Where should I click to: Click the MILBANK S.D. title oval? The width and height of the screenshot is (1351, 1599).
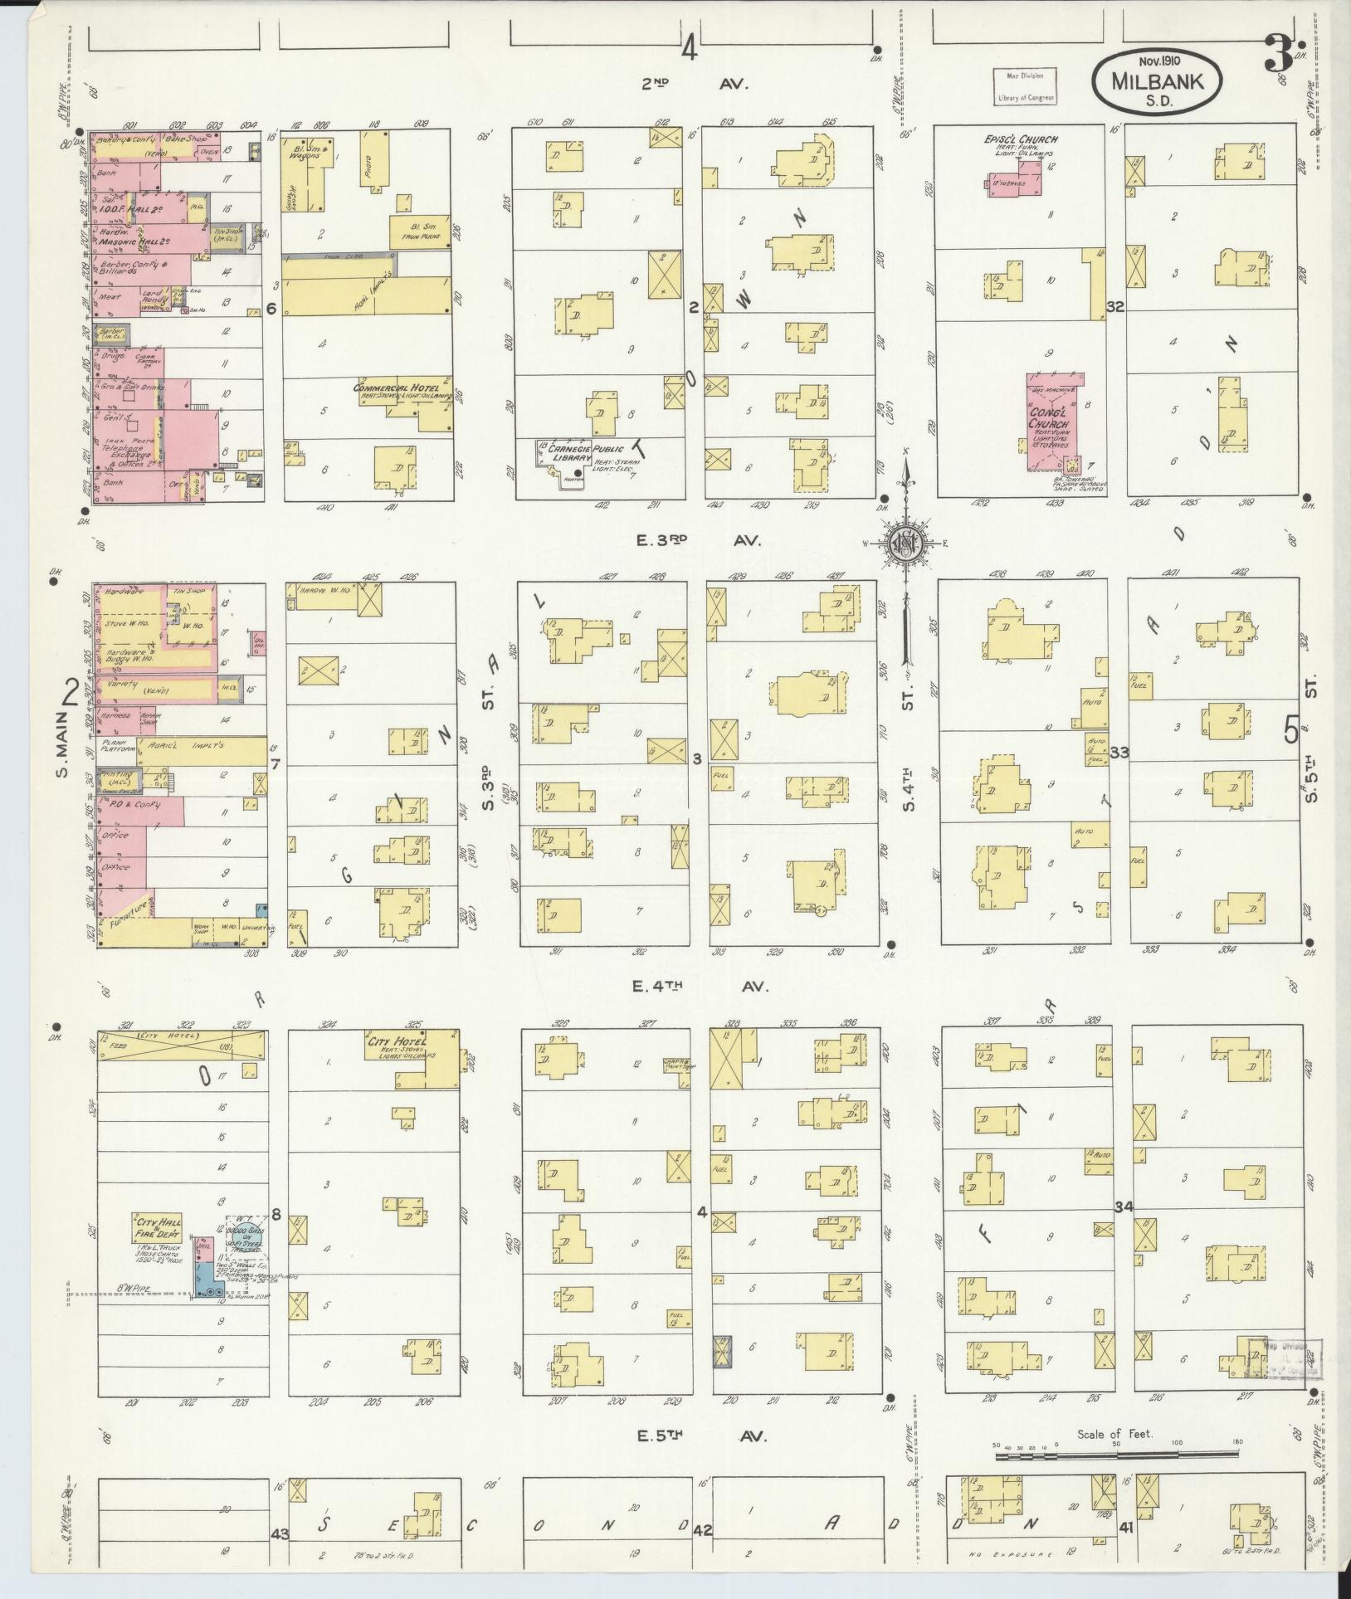point(1156,80)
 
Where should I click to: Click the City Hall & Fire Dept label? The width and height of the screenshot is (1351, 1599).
point(154,1230)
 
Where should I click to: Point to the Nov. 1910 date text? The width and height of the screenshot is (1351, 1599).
point(1159,61)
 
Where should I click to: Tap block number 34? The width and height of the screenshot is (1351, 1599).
point(1124,1206)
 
